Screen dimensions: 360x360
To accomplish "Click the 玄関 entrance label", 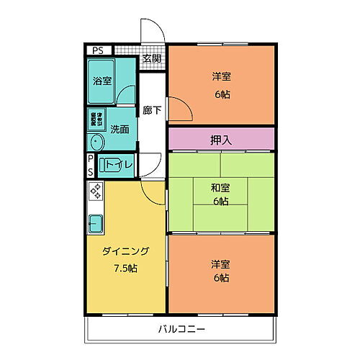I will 151,58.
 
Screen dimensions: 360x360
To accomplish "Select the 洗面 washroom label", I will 120,129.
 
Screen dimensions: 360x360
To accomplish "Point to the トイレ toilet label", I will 119,165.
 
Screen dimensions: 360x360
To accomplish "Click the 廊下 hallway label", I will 151,111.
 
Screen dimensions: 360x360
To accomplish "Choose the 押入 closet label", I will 220,139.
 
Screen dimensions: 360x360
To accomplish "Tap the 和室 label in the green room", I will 220,188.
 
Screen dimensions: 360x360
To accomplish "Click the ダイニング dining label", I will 125,251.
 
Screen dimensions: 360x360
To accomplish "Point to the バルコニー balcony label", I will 182,330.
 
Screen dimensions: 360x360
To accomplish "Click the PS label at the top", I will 97,50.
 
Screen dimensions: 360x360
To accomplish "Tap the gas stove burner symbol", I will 96,191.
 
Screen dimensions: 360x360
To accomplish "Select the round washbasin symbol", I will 96,140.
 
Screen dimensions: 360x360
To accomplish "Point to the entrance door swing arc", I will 150,32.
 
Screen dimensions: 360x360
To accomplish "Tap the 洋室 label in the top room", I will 220,76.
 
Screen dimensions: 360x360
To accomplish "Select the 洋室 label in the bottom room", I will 220,264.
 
